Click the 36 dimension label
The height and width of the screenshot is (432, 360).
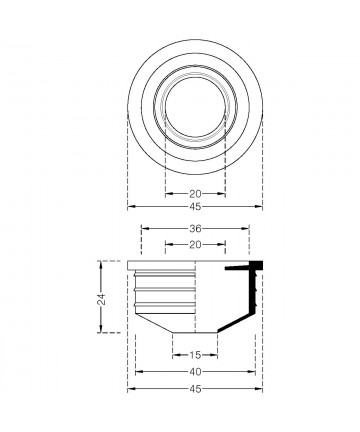pos(196,229)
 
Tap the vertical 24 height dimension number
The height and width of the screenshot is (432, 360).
pos(103,299)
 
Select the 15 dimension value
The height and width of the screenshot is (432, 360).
pos(195,355)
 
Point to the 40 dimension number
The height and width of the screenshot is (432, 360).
pos(196,372)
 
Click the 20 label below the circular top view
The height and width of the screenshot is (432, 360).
pos(196,194)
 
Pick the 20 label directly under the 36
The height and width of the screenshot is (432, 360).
pos(196,245)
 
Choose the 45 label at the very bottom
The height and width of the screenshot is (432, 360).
pos(196,389)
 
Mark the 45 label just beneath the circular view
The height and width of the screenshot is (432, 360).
pos(196,207)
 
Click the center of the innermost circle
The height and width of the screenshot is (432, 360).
pos(195,107)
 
